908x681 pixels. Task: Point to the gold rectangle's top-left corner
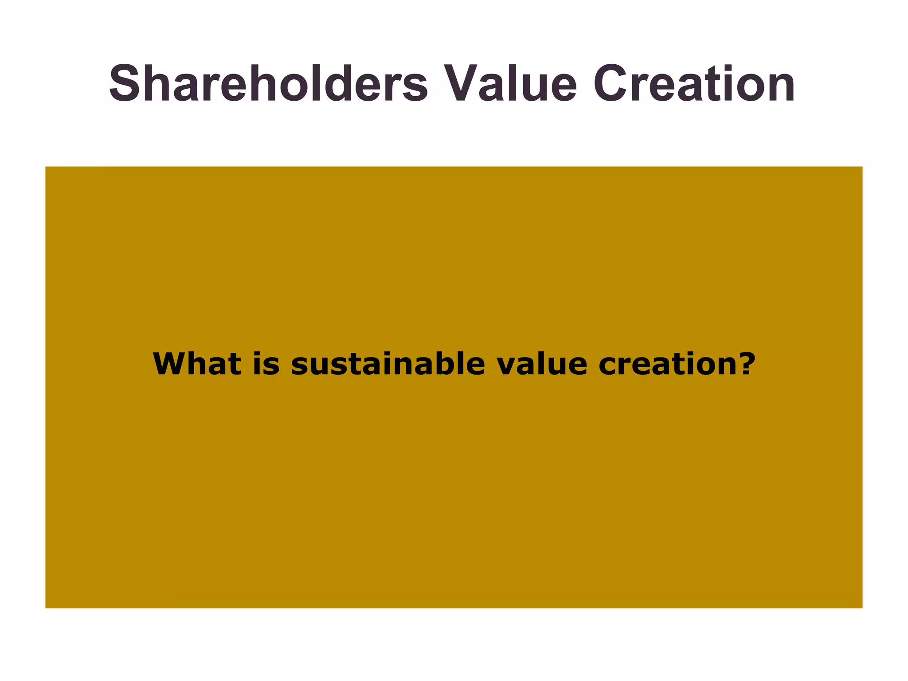(46, 167)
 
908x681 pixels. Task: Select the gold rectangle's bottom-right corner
(862, 607)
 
